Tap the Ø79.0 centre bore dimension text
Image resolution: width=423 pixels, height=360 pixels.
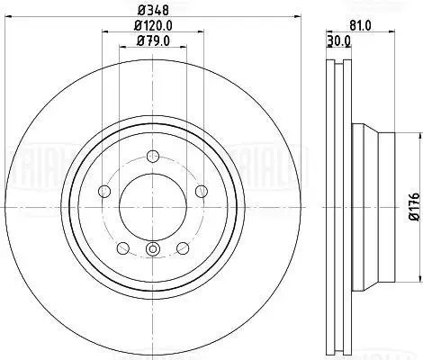151,41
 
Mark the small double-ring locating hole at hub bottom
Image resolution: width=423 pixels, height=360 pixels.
152,249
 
